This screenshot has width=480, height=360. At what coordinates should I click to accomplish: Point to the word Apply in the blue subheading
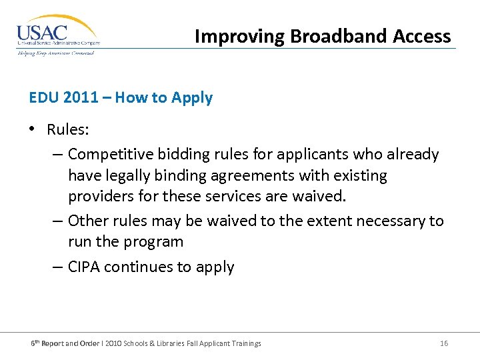tap(192, 97)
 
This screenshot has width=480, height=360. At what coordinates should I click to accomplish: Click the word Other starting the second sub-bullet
tap(87, 220)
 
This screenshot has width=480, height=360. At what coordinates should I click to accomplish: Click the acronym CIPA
tap(84, 267)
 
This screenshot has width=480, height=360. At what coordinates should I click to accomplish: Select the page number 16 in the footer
tap(444, 343)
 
